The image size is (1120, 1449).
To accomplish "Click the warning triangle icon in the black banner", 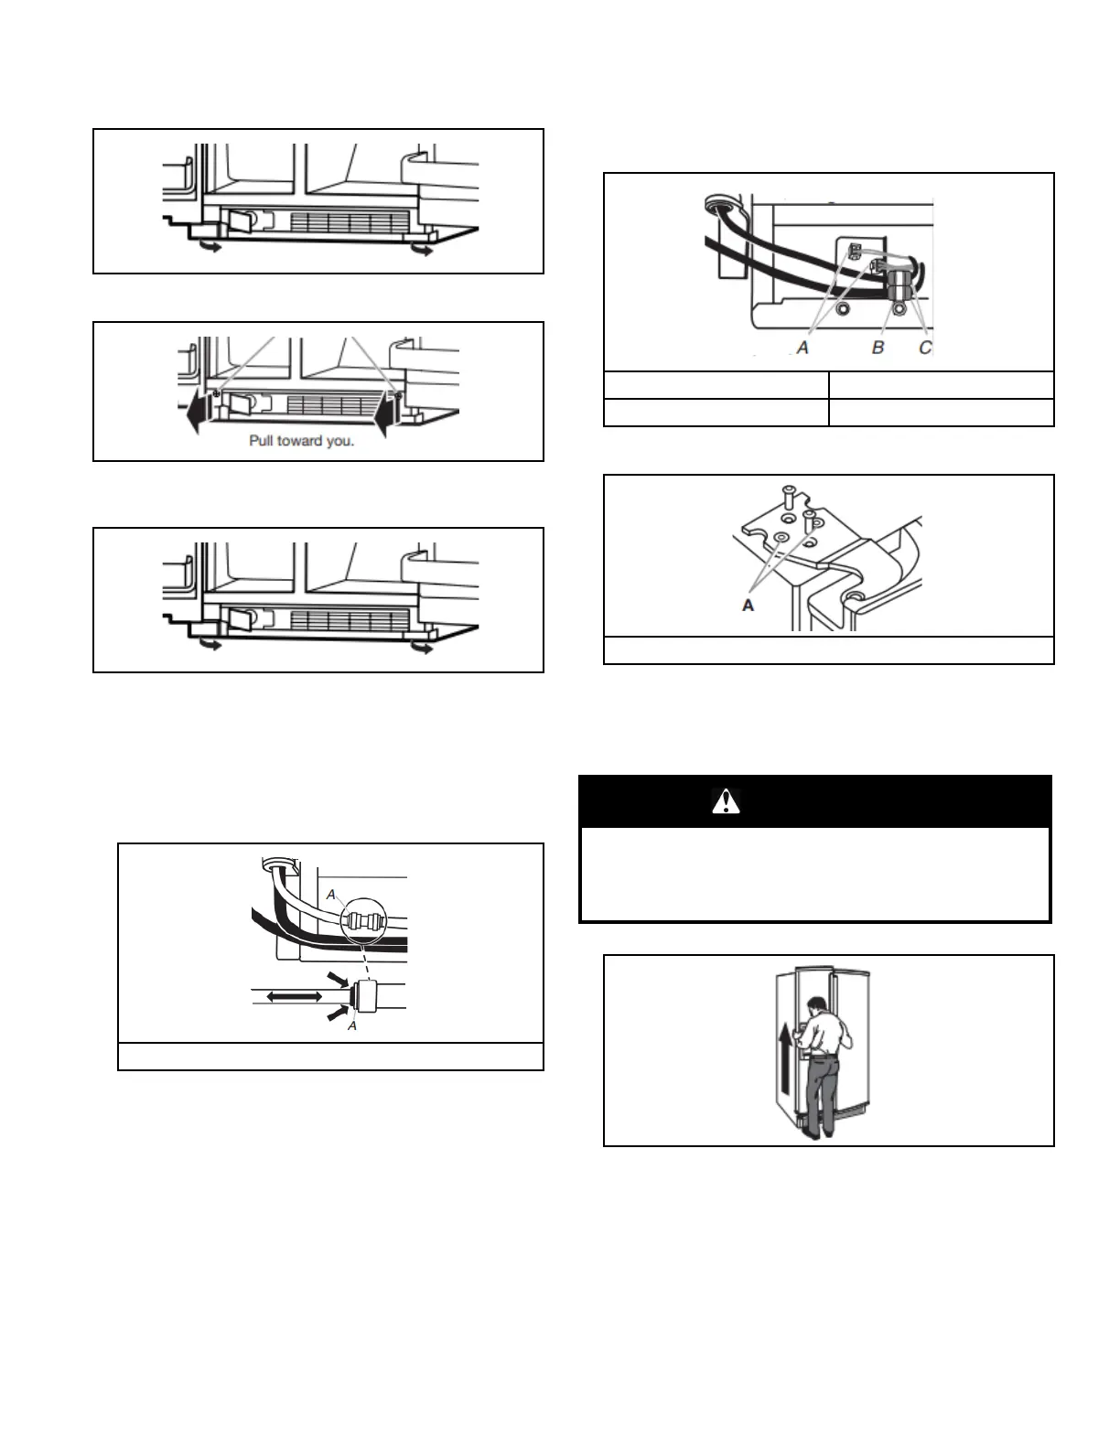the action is pyautogui.click(x=725, y=801).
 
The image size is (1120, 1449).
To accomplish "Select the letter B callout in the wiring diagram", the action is pyautogui.click(x=878, y=348).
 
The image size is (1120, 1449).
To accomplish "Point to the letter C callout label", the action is pyautogui.click(x=924, y=348).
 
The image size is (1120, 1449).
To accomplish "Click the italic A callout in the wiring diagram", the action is pyautogui.click(x=802, y=348).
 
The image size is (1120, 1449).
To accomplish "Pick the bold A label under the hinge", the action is pyautogui.click(x=748, y=605).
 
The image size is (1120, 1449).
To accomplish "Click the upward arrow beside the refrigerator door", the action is pyautogui.click(x=783, y=1046).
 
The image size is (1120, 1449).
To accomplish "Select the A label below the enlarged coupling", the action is pyautogui.click(x=352, y=1026).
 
